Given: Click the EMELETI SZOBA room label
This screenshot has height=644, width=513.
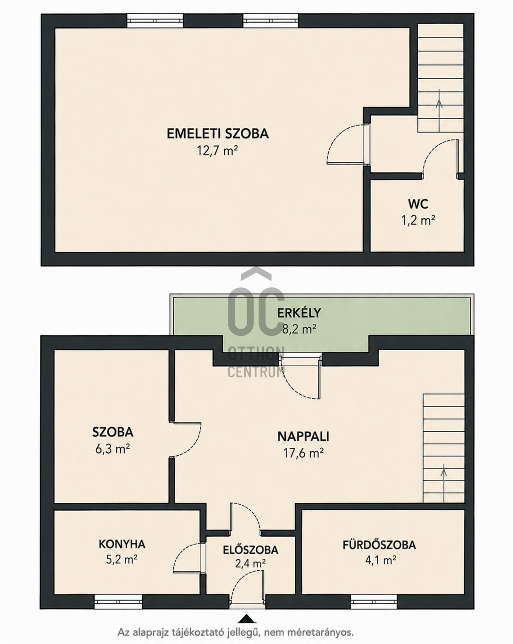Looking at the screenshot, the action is pyautogui.click(x=218, y=133).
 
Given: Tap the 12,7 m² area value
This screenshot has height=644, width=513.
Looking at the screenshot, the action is pyautogui.click(x=217, y=151).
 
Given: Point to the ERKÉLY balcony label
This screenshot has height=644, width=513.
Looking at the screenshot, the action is pyautogui.click(x=299, y=313).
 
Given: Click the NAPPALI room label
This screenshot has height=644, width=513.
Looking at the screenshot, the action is pyautogui.click(x=303, y=436).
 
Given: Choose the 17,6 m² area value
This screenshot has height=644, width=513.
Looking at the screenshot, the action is pyautogui.click(x=303, y=453).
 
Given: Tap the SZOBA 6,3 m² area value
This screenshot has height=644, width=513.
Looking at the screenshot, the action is pyautogui.click(x=112, y=449).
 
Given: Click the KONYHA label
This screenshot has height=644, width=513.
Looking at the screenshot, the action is pyautogui.click(x=122, y=544).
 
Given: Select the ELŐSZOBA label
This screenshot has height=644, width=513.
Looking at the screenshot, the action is pyautogui.click(x=250, y=550).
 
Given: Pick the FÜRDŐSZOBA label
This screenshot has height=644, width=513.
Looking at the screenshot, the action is pyautogui.click(x=379, y=545).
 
